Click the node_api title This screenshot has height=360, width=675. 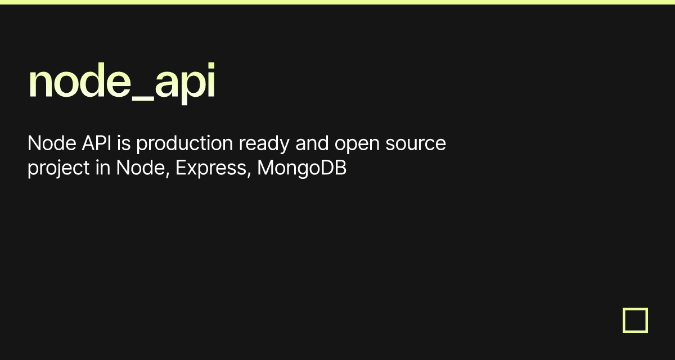[121, 82]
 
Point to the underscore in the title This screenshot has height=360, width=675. [143, 98]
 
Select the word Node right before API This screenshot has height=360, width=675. [52, 143]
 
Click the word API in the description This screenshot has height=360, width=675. [96, 143]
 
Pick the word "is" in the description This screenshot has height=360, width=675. [124, 143]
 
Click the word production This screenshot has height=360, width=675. [184, 144]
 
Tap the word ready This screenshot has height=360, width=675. [264, 144]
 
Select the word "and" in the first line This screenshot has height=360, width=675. [312, 143]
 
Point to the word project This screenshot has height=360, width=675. [58, 168]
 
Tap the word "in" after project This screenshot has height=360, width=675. [103, 168]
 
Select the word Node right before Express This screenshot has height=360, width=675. [141, 168]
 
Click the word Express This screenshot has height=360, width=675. [211, 168]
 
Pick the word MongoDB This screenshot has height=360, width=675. [301, 168]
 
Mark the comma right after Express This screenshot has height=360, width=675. [249, 175]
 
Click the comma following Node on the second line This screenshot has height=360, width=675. [168, 175]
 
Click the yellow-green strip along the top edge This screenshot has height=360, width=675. [337, 2]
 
